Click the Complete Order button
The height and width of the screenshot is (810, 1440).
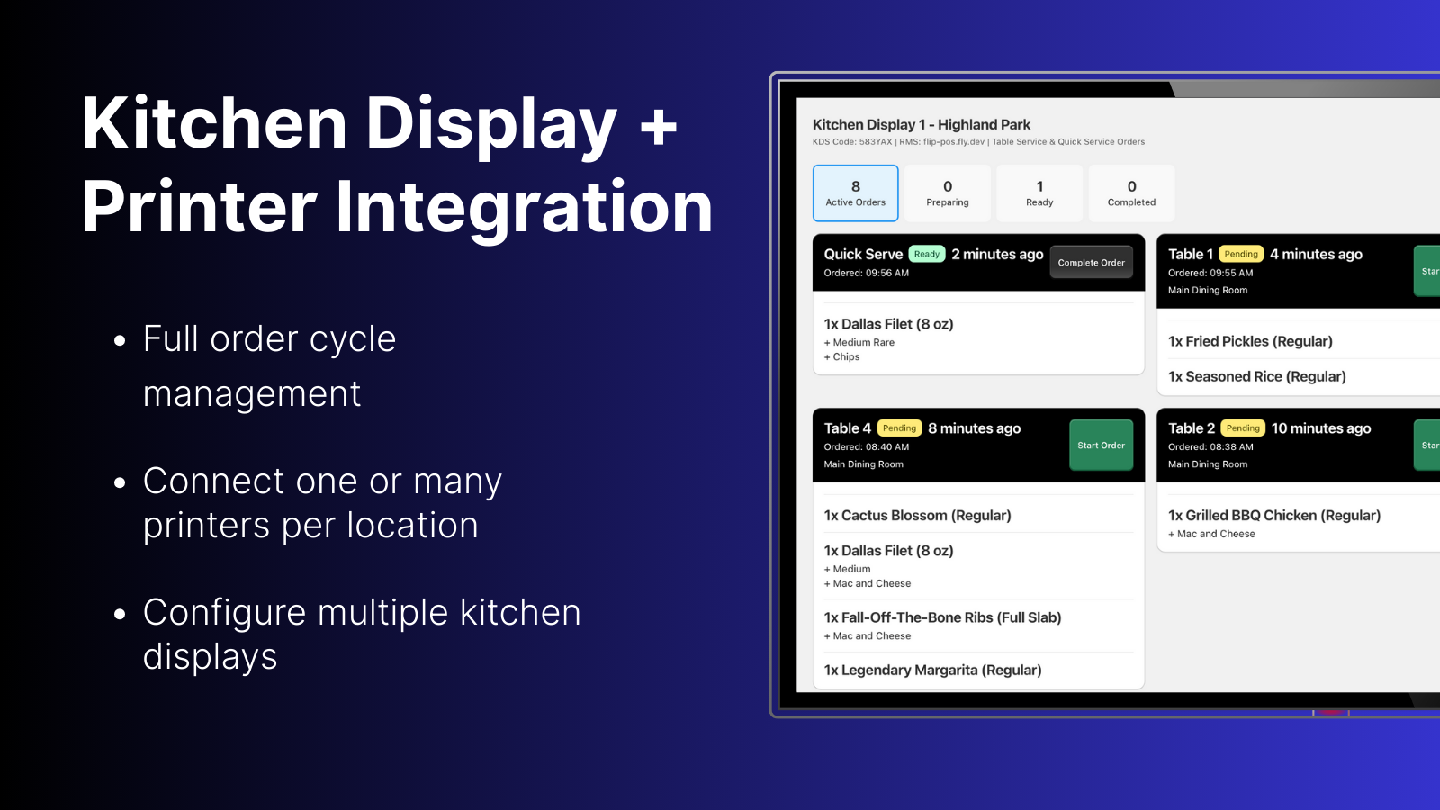point(1091,263)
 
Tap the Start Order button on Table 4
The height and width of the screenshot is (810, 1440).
point(1101,445)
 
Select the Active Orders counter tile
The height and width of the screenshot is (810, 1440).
point(855,193)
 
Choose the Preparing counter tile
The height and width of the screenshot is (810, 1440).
point(948,193)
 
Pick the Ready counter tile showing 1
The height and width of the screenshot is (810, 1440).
point(1039,193)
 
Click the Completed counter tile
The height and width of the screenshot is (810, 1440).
point(1131,193)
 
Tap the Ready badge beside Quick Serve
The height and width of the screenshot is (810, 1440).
point(927,255)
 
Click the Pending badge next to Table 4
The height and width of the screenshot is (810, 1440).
point(899,428)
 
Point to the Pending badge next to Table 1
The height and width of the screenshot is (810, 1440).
point(1241,255)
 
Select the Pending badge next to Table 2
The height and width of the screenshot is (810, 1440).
point(1243,428)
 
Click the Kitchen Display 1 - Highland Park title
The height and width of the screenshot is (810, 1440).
point(921,125)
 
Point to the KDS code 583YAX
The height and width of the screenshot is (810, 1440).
point(876,142)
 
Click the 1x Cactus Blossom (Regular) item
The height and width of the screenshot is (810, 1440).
point(917,516)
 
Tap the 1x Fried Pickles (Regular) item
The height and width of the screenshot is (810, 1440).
point(1250,341)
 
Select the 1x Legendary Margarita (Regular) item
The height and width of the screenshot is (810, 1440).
point(932,670)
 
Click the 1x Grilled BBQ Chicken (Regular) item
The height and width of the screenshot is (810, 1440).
point(1273,516)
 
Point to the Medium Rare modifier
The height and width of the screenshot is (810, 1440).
point(863,343)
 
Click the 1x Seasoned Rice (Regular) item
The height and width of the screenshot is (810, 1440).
point(1256,377)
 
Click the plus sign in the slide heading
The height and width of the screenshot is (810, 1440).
point(659,126)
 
